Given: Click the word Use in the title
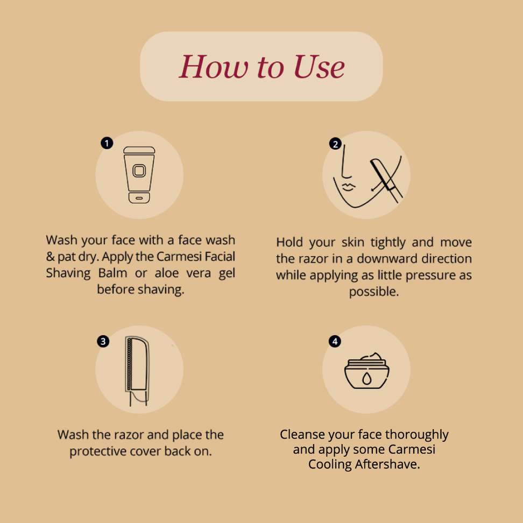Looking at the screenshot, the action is [319, 67].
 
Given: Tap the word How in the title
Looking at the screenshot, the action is [214, 67].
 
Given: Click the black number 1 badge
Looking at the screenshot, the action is [107, 144].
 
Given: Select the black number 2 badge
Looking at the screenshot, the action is [335, 144].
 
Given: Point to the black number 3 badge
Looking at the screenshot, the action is [103, 341].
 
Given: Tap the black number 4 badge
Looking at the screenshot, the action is [335, 341].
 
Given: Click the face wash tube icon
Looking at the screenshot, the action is [139, 175].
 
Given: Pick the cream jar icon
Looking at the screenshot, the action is [366, 371].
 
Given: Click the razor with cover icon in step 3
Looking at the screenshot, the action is [137, 371].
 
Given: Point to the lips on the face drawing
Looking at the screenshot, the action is [348, 187].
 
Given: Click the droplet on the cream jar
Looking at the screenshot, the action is [366, 379].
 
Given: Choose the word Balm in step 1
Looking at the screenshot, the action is [113, 273].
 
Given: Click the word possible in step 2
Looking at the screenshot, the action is [374, 292].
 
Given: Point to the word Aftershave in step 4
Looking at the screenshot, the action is [387, 464].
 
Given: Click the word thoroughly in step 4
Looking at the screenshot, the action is [417, 435].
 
